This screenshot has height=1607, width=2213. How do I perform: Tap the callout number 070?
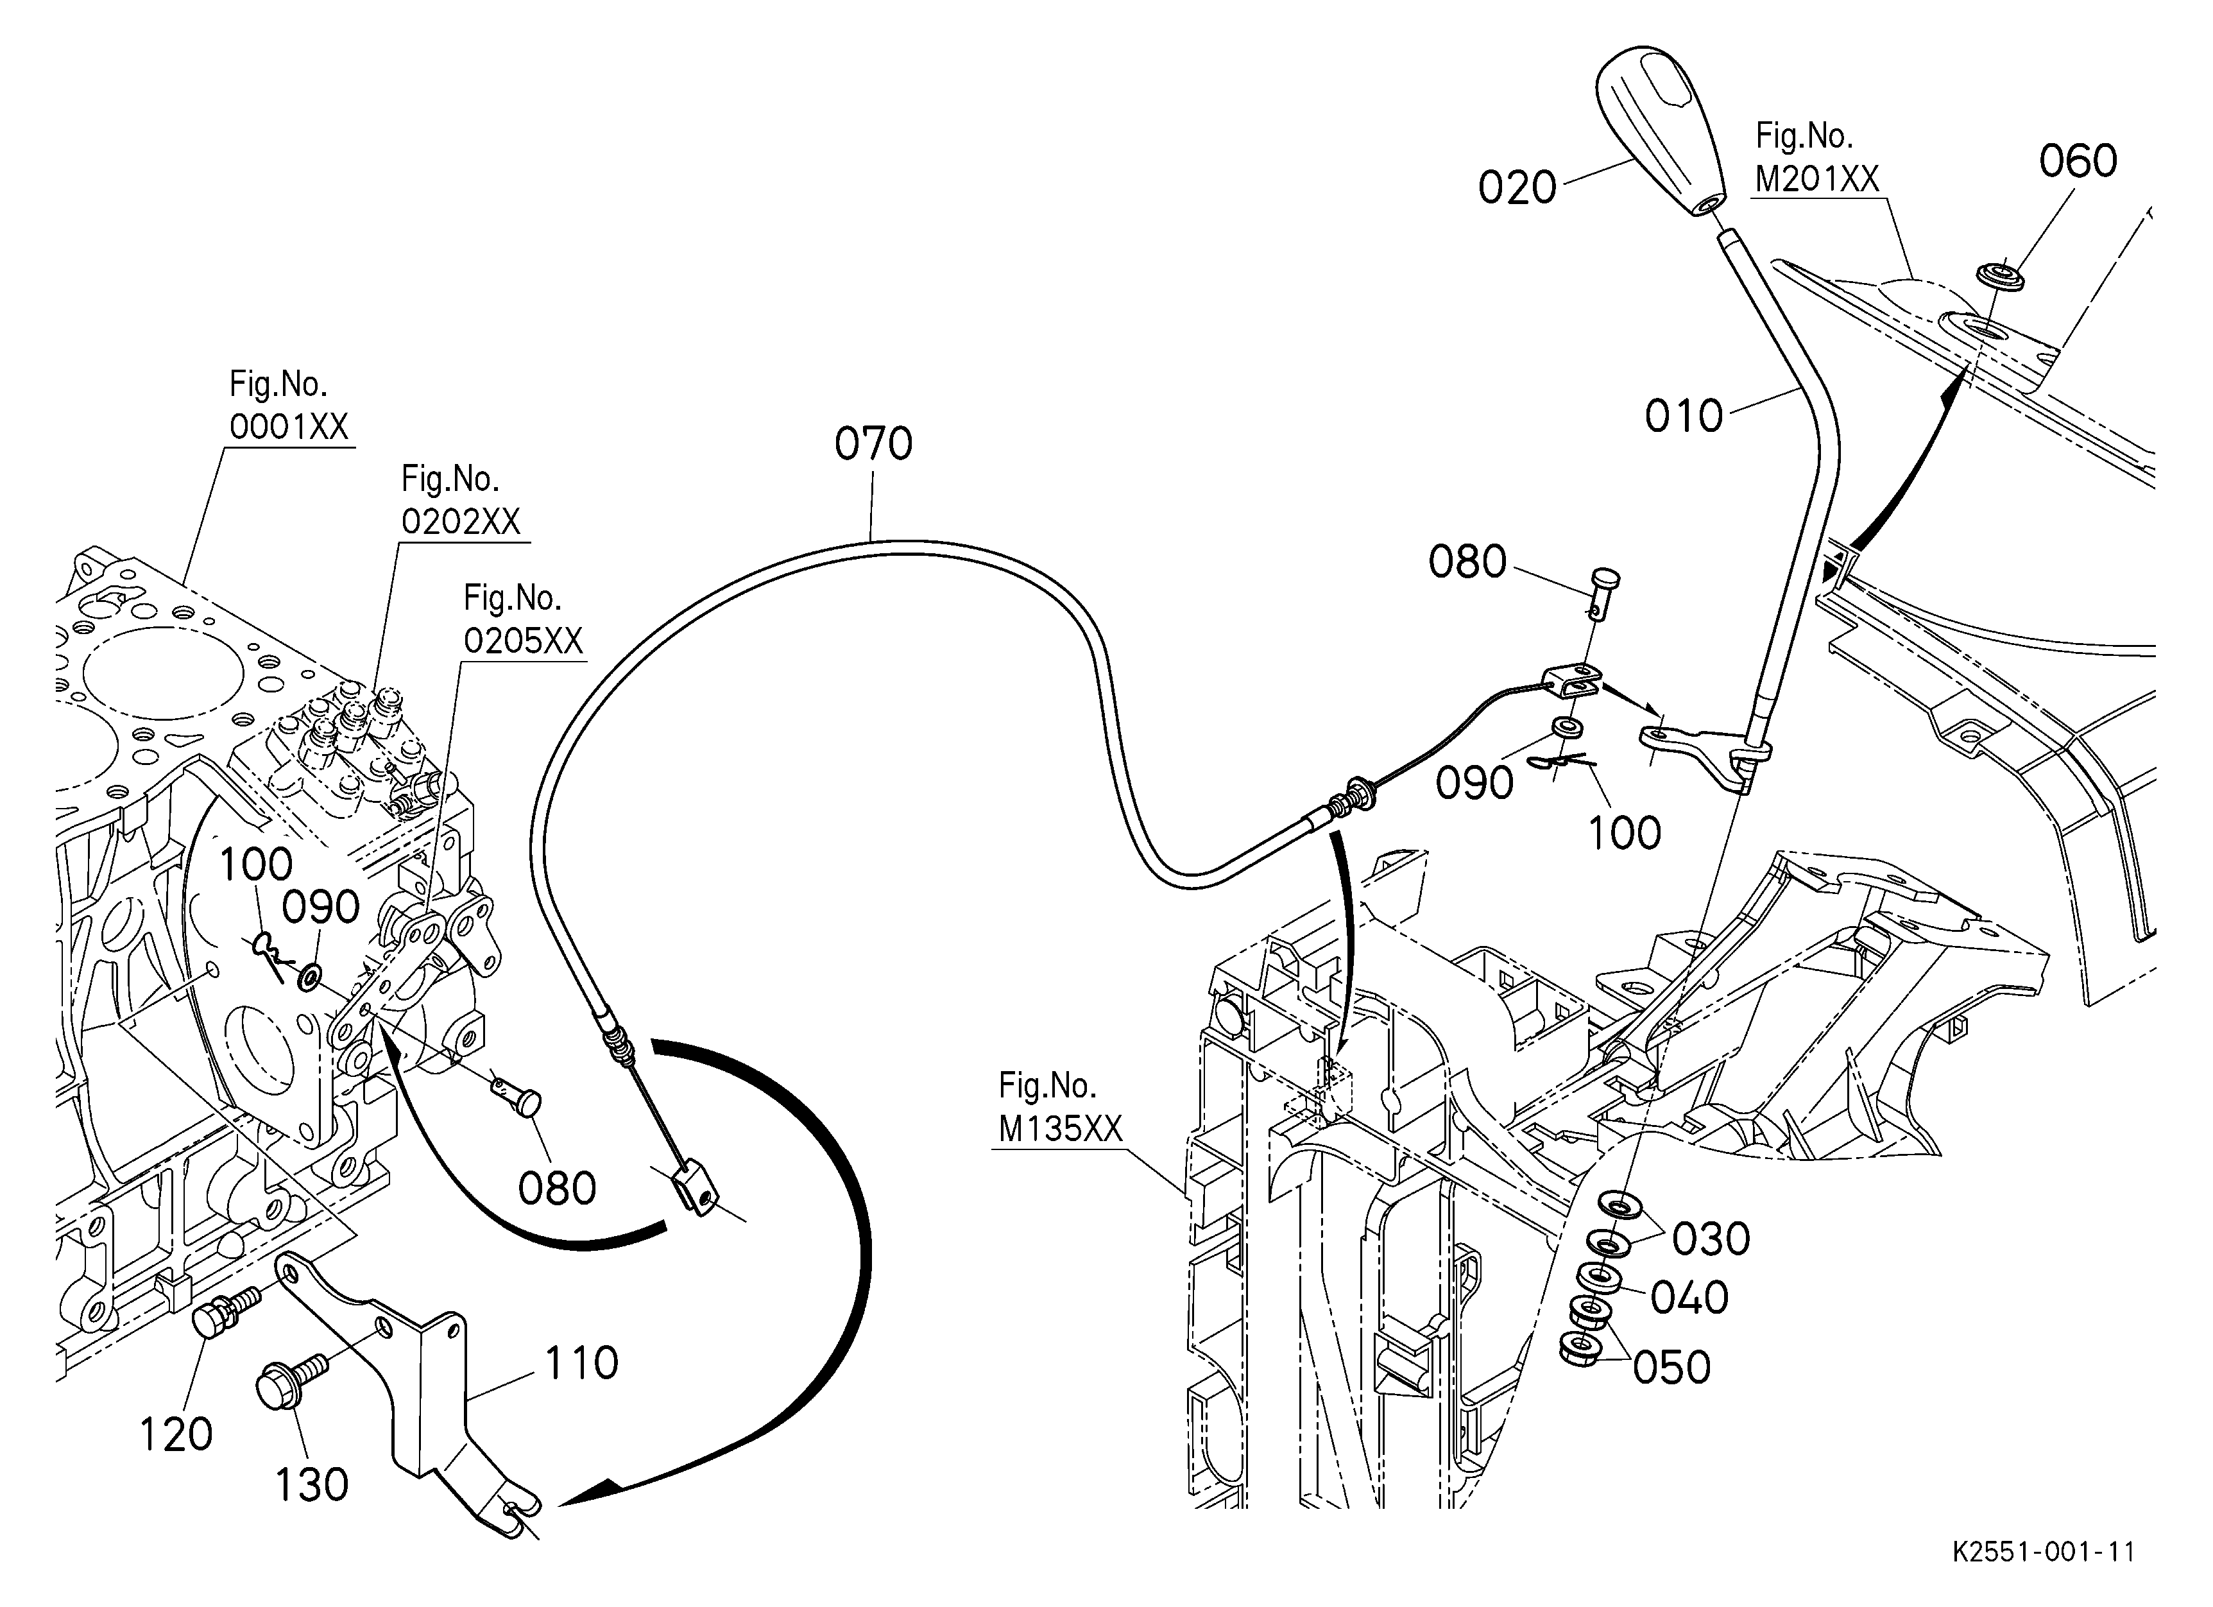pos(873,444)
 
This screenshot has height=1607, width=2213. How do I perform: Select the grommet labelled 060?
pos(1994,276)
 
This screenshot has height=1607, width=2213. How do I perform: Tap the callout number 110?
pos(581,1364)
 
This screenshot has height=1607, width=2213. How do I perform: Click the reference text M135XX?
pos(1061,1129)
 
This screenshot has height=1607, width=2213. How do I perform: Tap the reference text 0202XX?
pos(461,522)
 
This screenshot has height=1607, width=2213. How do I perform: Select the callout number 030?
pos(1711,1239)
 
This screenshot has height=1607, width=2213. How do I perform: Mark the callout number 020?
pos(1516,187)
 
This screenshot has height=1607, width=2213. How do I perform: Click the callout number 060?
pos(2078,161)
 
